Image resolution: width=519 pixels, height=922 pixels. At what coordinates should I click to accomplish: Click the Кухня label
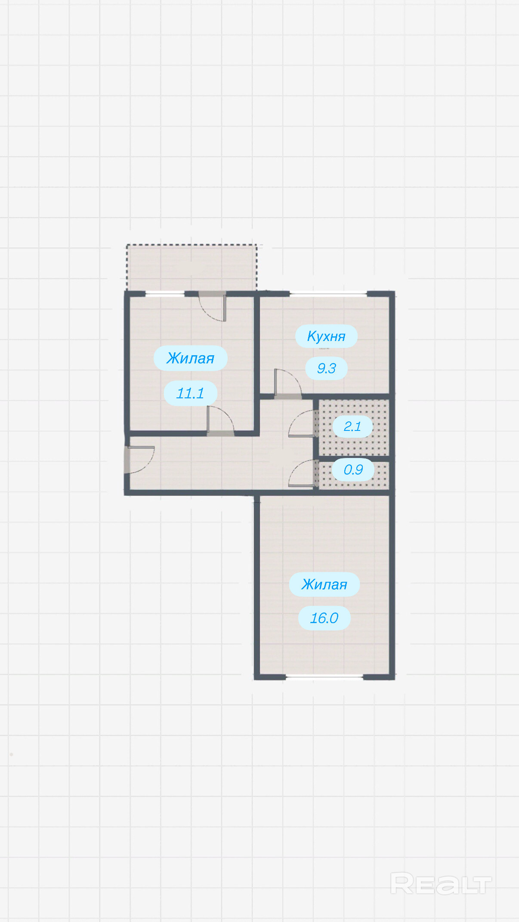pyautogui.click(x=326, y=336)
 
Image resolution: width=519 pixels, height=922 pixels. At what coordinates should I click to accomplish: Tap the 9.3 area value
pyautogui.click(x=326, y=368)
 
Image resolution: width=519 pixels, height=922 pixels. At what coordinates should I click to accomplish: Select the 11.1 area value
pyautogui.click(x=190, y=393)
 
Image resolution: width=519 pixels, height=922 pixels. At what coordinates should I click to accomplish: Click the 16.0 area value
pyautogui.click(x=324, y=618)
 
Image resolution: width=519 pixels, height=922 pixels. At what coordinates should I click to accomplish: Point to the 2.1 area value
pyautogui.click(x=352, y=426)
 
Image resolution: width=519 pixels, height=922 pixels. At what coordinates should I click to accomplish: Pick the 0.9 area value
pyautogui.click(x=353, y=469)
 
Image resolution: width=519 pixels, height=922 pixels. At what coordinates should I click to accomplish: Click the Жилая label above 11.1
pyautogui.click(x=190, y=358)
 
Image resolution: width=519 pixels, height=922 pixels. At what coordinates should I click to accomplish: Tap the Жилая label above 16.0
pyautogui.click(x=324, y=584)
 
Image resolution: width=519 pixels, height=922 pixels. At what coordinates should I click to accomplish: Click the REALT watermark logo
pyautogui.click(x=441, y=884)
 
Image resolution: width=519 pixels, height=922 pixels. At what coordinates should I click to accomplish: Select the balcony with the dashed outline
pyautogui.click(x=192, y=267)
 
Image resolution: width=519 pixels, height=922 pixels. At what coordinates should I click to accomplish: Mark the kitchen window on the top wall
pyautogui.click(x=328, y=294)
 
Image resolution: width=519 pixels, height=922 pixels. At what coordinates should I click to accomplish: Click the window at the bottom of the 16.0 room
pyautogui.click(x=324, y=677)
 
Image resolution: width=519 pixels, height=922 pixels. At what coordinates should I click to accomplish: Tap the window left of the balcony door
pyautogui.click(x=165, y=294)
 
